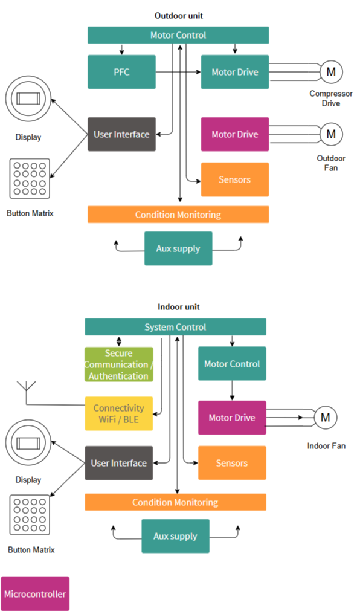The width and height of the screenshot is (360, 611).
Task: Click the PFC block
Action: [x=121, y=72]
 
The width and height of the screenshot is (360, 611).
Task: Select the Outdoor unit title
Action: [x=179, y=16]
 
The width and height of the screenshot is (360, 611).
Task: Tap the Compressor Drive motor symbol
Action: [x=331, y=72]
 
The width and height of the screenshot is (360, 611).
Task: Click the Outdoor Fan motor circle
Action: [x=331, y=134]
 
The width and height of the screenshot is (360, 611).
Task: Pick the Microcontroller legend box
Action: [x=35, y=594]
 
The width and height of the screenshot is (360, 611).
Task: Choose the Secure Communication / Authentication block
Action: [x=119, y=364]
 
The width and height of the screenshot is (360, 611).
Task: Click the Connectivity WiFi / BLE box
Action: [x=119, y=414]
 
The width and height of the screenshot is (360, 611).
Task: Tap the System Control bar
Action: [x=175, y=327]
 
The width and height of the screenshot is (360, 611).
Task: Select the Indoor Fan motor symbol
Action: [x=326, y=418]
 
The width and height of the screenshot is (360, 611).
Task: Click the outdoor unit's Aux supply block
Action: [x=178, y=248]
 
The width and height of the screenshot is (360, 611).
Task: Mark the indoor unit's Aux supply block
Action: [x=175, y=536]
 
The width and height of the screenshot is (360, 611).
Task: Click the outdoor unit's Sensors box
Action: [x=235, y=179]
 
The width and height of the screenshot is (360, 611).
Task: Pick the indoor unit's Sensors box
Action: [x=232, y=463]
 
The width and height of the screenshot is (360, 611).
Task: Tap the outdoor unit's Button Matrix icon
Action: [x=30, y=178]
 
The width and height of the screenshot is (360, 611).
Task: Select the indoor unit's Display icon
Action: [x=28, y=442]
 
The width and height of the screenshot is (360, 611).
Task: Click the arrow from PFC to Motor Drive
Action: [x=178, y=72]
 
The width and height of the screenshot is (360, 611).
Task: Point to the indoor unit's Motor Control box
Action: [x=232, y=364]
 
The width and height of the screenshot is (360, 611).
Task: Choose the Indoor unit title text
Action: [x=179, y=307]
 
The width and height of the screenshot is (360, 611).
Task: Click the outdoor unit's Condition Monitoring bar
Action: [x=178, y=215]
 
